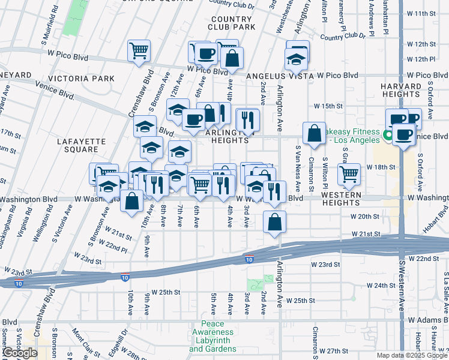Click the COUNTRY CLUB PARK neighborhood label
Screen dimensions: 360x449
coord(231,23)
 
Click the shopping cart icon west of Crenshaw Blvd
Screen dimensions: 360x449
coord(139,50)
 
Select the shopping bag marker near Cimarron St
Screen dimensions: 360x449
coord(315,133)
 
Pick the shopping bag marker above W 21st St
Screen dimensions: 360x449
coord(274,222)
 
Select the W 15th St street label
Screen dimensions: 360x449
coord(327,106)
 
